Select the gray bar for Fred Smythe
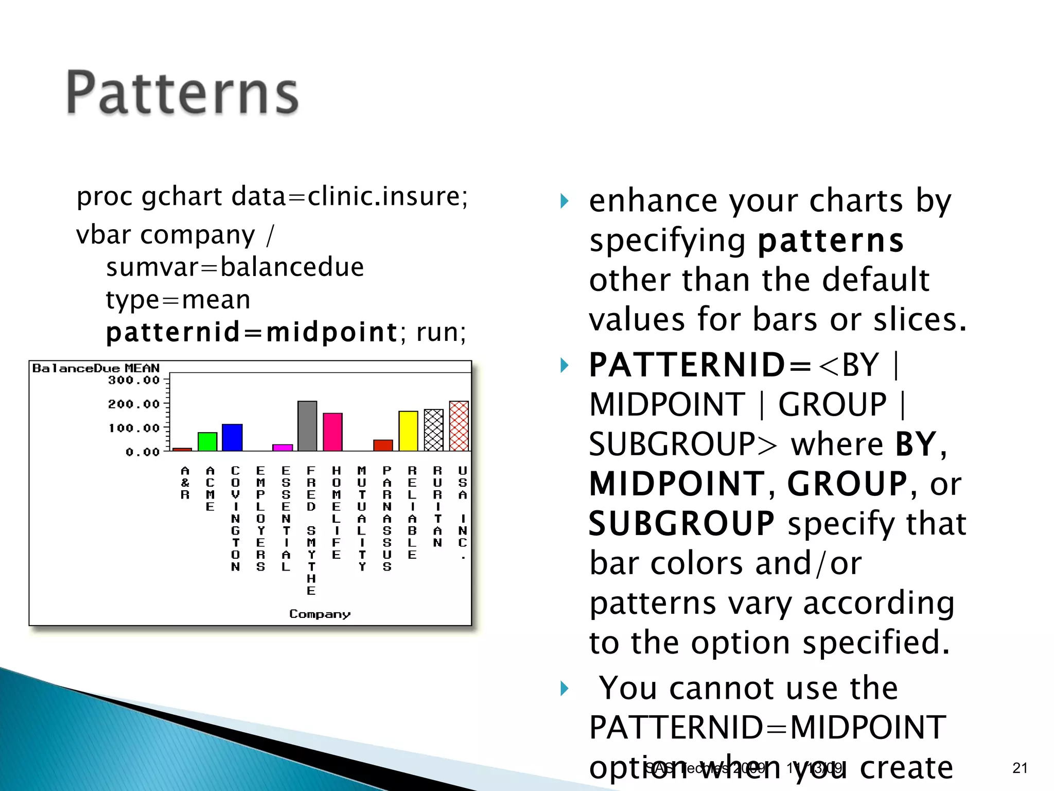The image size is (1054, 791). (x=307, y=426)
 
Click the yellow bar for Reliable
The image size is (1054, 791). (x=408, y=431)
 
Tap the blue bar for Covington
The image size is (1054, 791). (x=232, y=438)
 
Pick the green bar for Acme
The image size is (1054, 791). (x=207, y=442)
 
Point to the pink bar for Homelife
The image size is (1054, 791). (x=332, y=432)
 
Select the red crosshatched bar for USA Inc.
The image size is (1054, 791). (x=459, y=426)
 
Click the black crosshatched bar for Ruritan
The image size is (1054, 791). (x=433, y=430)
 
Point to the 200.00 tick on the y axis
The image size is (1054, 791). (x=134, y=404)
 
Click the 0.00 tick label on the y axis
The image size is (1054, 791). (x=143, y=452)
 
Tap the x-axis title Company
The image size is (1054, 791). (x=320, y=614)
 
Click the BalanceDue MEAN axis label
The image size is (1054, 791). (x=96, y=368)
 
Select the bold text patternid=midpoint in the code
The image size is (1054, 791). (x=252, y=332)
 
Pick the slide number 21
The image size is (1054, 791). (x=1020, y=768)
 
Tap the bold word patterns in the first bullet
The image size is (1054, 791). (x=831, y=241)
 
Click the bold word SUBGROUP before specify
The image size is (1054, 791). (x=681, y=524)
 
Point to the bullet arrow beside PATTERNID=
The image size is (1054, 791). (x=565, y=366)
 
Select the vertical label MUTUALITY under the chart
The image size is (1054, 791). (x=362, y=518)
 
